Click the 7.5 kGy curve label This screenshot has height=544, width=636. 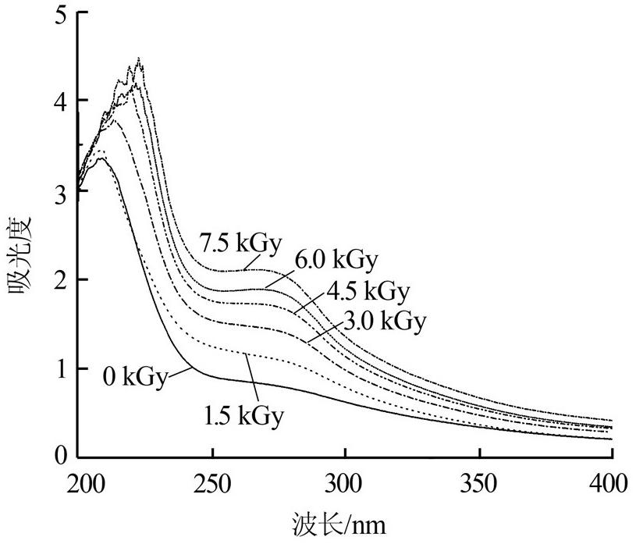240,242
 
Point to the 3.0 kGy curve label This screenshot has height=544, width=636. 385,321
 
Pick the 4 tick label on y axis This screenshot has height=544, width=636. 62,101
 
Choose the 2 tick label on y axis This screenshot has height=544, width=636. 62,279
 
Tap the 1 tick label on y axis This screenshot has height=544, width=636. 62,367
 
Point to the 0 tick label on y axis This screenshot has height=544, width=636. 62,455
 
